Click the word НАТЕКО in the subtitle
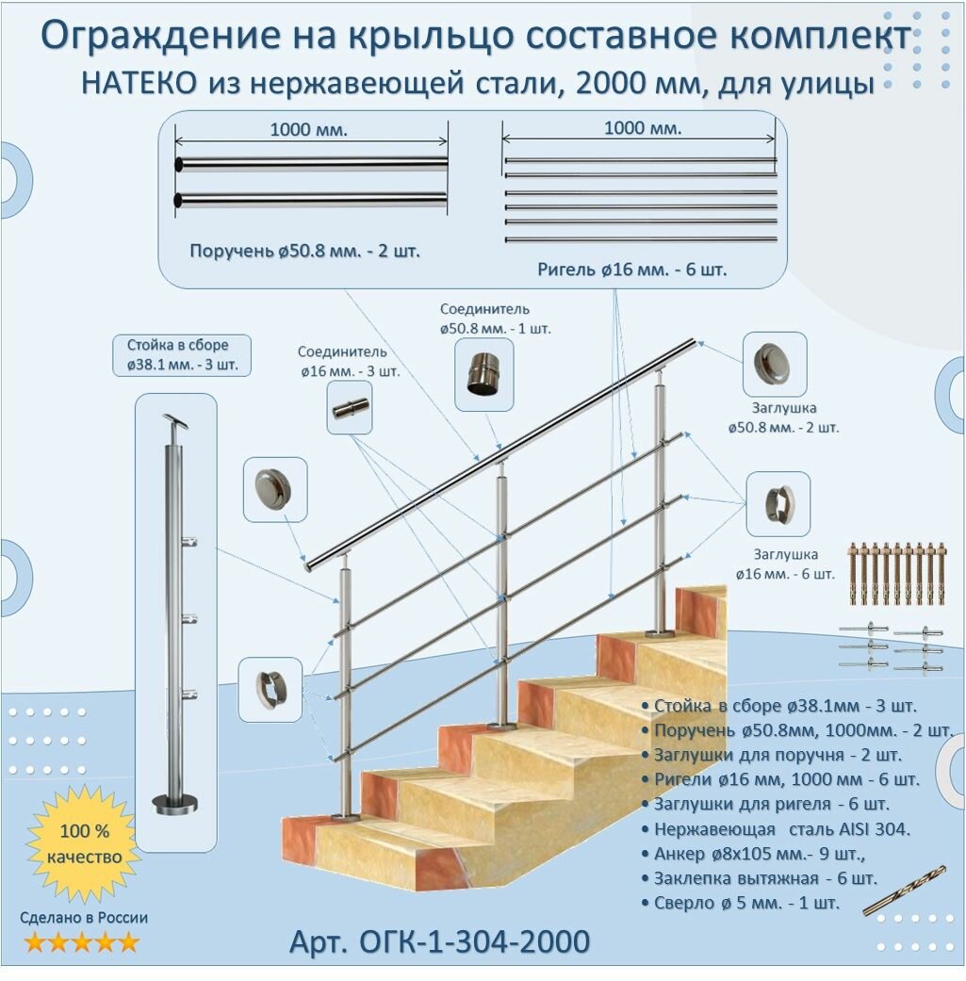coord(139,84)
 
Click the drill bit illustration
coord(904,891)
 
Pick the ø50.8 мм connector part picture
coord(483,374)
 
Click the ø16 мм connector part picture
coord(350,408)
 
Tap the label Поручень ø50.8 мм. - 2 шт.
coord(304,252)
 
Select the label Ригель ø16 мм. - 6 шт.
coord(632,270)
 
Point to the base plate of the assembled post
coord(175,803)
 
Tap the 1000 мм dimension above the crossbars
coord(642,128)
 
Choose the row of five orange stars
coord(82,941)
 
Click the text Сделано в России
coord(85,917)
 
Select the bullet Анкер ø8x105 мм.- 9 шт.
coord(760,854)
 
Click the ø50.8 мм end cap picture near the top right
coord(775,364)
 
